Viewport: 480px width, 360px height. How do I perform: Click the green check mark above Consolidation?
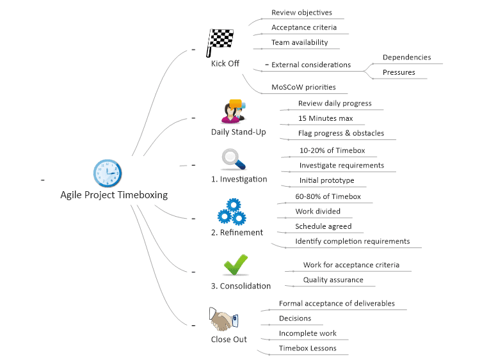pyautogui.click(x=235, y=264)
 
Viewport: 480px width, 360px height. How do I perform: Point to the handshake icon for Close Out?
pyautogui.click(x=223, y=318)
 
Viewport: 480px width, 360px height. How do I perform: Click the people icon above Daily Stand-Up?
pyautogui.click(x=233, y=111)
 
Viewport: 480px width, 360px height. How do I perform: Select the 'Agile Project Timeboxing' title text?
pyautogui.click(x=114, y=195)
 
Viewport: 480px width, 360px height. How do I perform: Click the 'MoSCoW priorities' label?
pyautogui.click(x=303, y=87)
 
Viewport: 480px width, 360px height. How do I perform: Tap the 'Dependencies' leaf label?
pyautogui.click(x=406, y=58)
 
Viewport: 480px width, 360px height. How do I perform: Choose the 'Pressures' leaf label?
pyautogui.click(x=399, y=72)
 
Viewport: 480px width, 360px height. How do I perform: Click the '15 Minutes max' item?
pyautogui.click(x=325, y=118)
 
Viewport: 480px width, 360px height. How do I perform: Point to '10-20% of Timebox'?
pyautogui.click(x=332, y=150)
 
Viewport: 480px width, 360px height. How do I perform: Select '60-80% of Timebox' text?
pyautogui.click(x=328, y=196)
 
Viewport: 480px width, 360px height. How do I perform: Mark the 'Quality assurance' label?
pyautogui.click(x=333, y=279)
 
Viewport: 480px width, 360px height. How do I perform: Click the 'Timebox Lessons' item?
pyautogui.click(x=307, y=348)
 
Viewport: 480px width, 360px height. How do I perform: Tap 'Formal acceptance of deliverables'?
pyautogui.click(x=337, y=303)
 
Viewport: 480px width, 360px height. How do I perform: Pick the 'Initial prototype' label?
pyautogui.click(x=326, y=180)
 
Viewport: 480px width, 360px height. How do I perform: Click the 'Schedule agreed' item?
pyautogui.click(x=323, y=226)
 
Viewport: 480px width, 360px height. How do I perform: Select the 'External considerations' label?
pyautogui.click(x=311, y=65)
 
